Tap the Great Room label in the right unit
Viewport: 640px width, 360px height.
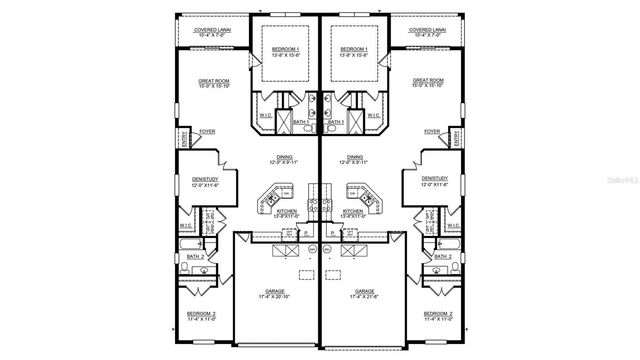pos(429,83)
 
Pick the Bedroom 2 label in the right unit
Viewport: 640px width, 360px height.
pos(438,317)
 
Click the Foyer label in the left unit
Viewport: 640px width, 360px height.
pos(208,131)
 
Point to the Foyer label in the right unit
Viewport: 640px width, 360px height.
pos(432,131)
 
